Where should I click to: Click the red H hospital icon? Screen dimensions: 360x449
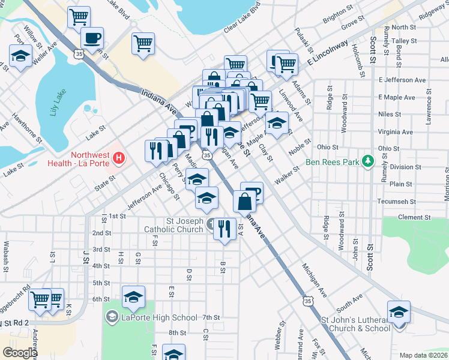(119, 159)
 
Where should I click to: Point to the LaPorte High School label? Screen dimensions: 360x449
(159, 317)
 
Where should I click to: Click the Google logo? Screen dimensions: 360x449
(20, 353)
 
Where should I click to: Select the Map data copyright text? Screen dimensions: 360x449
(423, 355)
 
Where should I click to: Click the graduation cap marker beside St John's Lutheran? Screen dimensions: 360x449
(399, 313)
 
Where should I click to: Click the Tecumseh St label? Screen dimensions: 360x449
(396, 202)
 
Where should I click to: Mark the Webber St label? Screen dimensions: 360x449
(280, 340)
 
